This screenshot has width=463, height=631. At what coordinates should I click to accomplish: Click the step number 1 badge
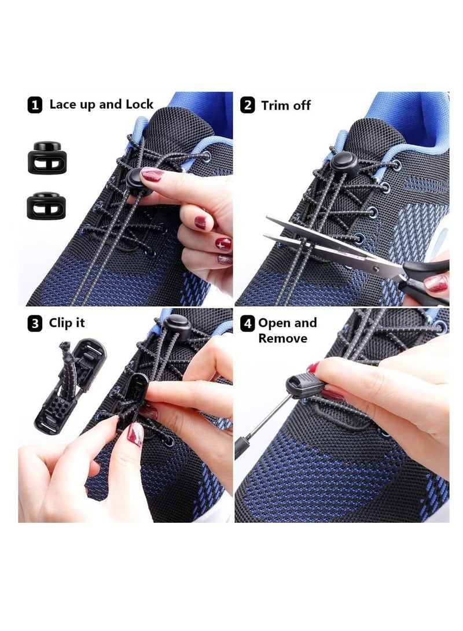coord(35,105)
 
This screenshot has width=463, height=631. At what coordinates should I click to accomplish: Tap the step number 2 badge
coord(247,105)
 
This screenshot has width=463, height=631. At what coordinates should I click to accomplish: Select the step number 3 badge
coord(35,324)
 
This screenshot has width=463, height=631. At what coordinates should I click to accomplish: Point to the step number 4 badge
coord(247,323)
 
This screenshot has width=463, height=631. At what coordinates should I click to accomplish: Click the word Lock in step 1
coord(138,104)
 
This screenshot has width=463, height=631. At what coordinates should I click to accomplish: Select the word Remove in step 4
coord(282,338)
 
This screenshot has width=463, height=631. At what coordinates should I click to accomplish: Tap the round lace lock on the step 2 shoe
coord(343,161)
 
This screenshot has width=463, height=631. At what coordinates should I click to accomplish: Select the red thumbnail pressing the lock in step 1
coord(152,174)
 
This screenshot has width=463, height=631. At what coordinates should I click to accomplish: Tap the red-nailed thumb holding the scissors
coord(435,283)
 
